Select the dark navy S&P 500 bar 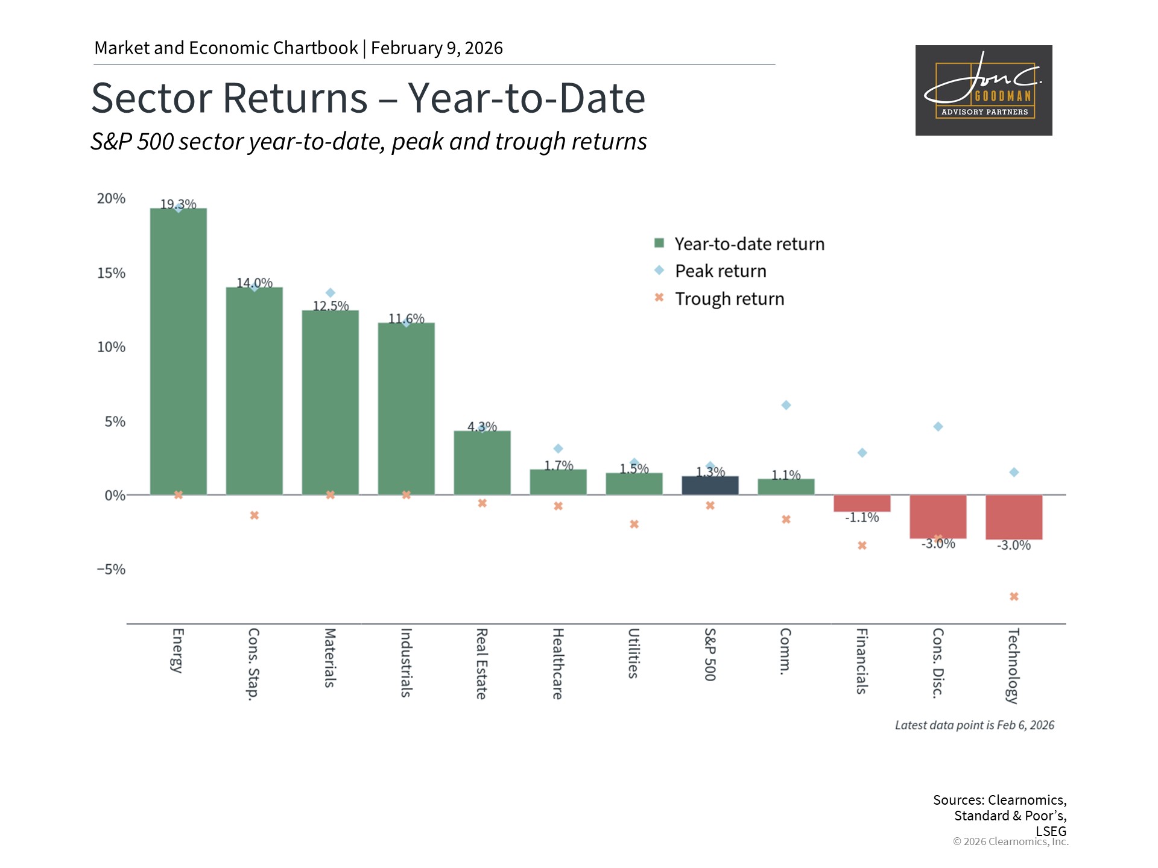click(x=710, y=485)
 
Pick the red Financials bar click(x=862, y=503)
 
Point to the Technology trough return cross click(x=1014, y=597)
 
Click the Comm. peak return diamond click(x=786, y=405)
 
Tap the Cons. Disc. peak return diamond click(x=938, y=427)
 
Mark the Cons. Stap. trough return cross click(x=255, y=515)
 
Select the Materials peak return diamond click(x=331, y=293)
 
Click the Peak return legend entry click(x=720, y=271)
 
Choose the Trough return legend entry click(x=729, y=299)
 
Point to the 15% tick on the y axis click(x=111, y=273)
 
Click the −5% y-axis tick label click(x=111, y=570)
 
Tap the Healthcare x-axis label click(x=558, y=664)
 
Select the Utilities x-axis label click(x=633, y=653)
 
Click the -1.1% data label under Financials click(x=862, y=517)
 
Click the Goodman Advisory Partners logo click(x=984, y=90)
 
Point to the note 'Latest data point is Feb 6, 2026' click(x=974, y=725)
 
